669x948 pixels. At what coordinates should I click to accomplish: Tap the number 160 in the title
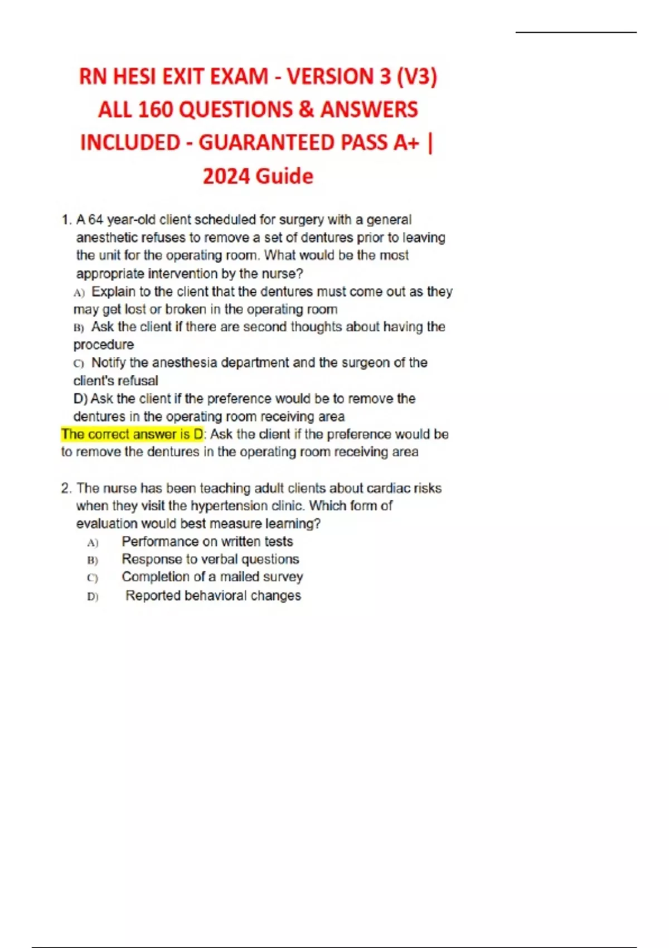click(x=156, y=109)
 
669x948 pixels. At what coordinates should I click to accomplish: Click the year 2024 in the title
click(x=226, y=176)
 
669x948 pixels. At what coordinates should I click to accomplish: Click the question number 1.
click(x=66, y=220)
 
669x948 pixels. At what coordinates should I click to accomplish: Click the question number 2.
click(x=66, y=488)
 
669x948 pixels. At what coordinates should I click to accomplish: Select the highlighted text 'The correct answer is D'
click(x=133, y=434)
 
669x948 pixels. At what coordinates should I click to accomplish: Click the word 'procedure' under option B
click(x=104, y=345)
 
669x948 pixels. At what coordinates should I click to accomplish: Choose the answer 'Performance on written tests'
click(x=207, y=541)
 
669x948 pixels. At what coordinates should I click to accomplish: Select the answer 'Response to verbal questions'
click(x=210, y=559)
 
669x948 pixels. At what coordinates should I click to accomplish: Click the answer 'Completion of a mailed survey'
click(x=212, y=577)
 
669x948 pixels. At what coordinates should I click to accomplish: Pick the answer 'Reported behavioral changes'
click(x=213, y=596)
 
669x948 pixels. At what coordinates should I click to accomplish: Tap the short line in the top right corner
click(x=576, y=32)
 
